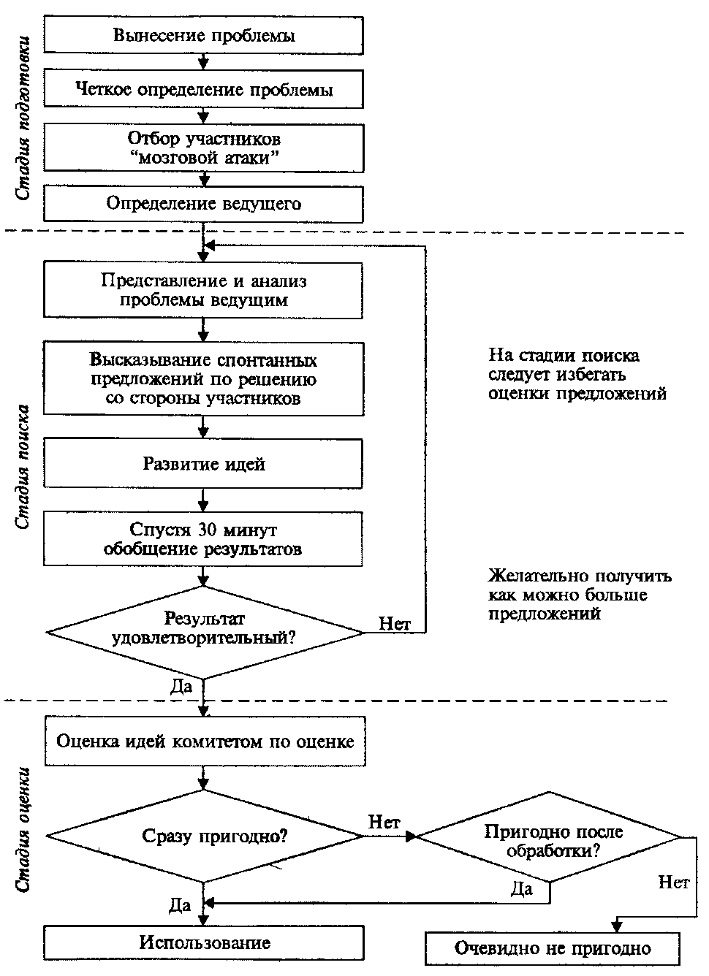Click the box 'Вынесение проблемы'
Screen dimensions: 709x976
click(203, 35)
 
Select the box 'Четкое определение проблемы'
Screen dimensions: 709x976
click(203, 89)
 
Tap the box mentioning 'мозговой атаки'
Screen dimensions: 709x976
click(203, 148)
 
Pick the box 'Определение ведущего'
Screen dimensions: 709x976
click(203, 204)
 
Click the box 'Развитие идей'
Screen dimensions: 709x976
click(203, 463)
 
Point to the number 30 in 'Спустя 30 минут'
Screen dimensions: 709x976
click(208, 530)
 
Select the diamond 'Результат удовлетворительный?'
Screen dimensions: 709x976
click(204, 632)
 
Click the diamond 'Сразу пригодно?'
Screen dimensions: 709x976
click(204, 836)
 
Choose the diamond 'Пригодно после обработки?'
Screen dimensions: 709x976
click(550, 837)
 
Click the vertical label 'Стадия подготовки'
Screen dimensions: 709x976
click(23, 118)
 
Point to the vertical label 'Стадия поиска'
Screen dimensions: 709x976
click(23, 467)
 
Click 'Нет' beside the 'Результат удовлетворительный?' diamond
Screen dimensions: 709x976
click(395, 623)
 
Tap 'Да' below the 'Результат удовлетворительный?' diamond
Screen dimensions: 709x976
click(181, 686)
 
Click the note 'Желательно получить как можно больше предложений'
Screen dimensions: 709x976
click(580, 595)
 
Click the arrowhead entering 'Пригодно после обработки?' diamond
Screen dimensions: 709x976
click(412, 836)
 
